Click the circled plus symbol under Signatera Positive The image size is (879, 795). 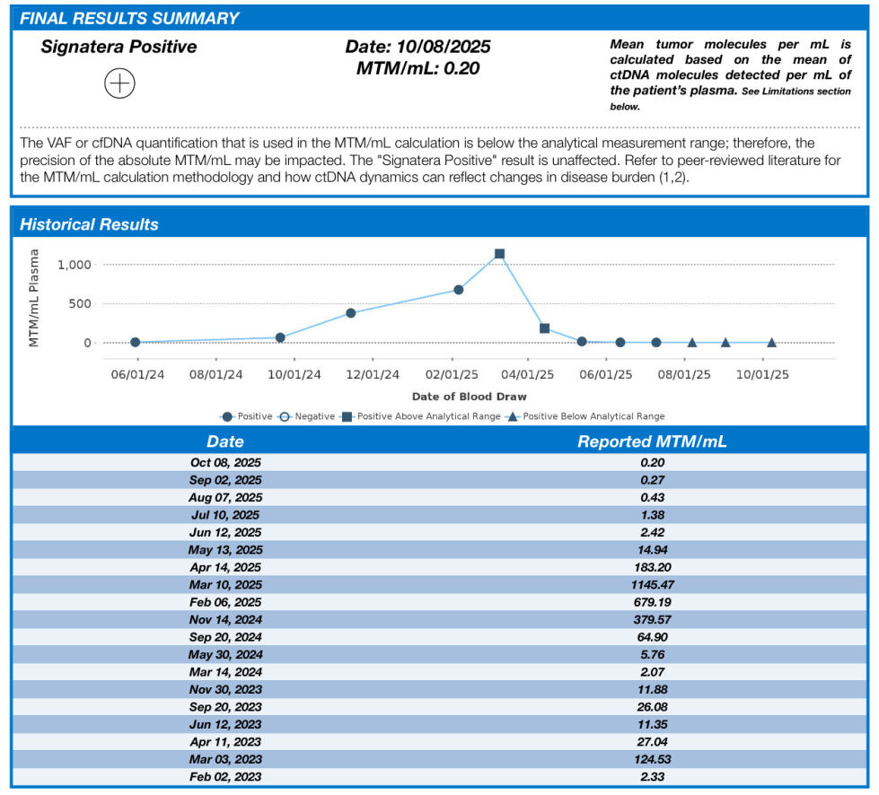click(119, 84)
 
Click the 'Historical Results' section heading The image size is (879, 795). click(90, 224)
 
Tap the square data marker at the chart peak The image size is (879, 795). click(499, 254)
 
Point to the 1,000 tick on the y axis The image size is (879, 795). click(75, 265)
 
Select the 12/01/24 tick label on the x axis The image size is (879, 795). click(373, 375)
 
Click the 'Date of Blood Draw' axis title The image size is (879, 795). click(469, 396)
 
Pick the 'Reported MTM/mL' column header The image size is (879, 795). click(652, 441)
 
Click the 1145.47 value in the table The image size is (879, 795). click(652, 584)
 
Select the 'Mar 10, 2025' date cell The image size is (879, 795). click(225, 584)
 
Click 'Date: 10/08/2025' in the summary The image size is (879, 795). click(418, 47)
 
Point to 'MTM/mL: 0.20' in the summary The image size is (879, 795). click(418, 68)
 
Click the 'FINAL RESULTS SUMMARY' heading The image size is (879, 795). click(130, 18)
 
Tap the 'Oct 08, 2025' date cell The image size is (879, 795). click(225, 462)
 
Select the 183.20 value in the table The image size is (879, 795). click(652, 567)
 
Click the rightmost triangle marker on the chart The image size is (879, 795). click(771, 343)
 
